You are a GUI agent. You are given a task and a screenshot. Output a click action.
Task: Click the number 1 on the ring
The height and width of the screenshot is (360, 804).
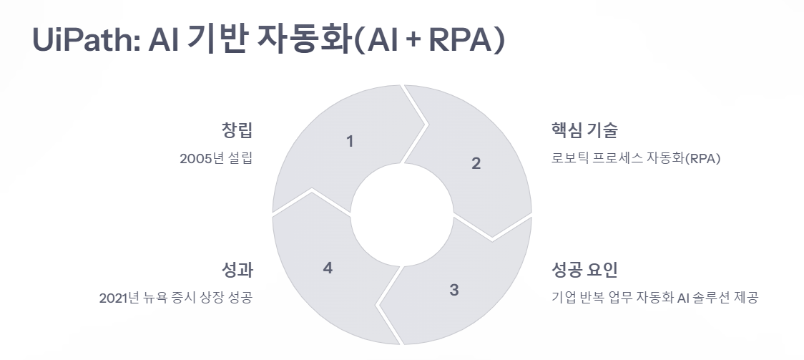[350, 142]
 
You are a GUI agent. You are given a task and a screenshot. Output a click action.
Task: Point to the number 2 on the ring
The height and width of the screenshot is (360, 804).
[476, 163]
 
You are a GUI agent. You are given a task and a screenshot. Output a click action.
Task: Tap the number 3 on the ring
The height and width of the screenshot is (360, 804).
[454, 290]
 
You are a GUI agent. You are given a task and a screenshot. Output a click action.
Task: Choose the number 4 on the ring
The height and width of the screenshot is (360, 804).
[328, 268]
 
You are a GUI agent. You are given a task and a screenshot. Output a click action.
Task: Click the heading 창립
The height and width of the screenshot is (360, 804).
[237, 131]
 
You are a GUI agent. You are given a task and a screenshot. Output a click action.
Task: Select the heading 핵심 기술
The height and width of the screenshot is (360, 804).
[584, 131]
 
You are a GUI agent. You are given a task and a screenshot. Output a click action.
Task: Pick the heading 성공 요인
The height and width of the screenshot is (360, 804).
[584, 271]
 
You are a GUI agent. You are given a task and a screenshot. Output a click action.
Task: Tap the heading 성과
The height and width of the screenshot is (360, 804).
[237, 271]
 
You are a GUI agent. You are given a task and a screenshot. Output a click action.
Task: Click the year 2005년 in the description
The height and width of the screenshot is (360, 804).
[202, 159]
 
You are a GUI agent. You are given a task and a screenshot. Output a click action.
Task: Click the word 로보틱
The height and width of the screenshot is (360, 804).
[567, 159]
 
